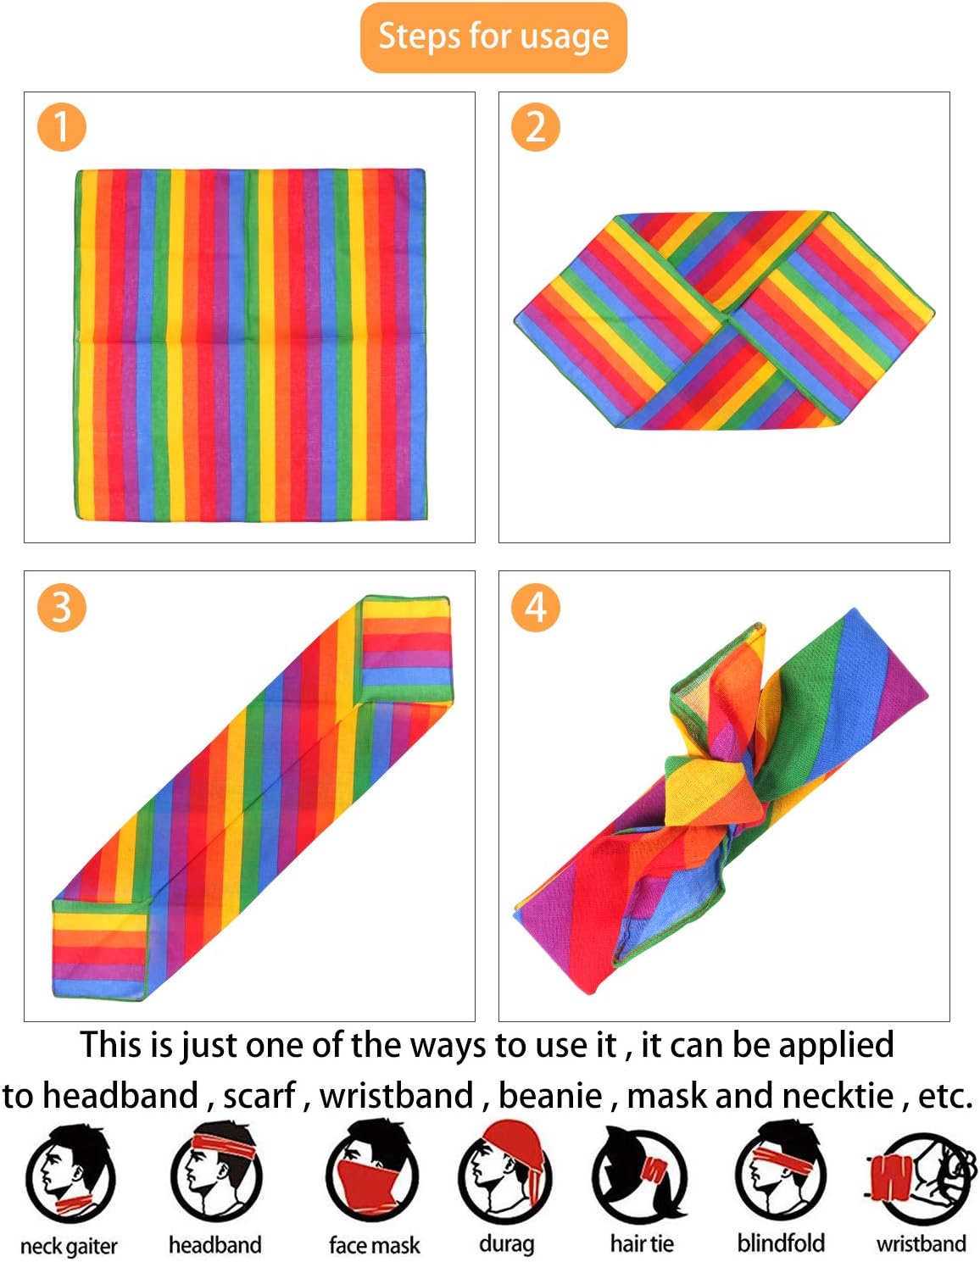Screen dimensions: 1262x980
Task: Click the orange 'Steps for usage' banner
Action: click(493, 37)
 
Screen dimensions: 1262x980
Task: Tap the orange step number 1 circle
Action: click(61, 127)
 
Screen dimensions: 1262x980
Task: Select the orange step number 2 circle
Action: click(535, 127)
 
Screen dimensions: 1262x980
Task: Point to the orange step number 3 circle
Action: click(61, 607)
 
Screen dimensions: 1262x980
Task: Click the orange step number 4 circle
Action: click(535, 607)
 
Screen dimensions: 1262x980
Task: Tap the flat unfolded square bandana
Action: click(250, 344)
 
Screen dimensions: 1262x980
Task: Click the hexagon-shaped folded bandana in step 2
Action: click(723, 320)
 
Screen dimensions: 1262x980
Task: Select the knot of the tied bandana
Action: click(708, 784)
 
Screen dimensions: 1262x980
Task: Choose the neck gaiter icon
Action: click(69, 1174)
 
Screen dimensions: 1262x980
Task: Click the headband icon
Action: click(215, 1172)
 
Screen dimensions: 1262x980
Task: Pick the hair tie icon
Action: click(641, 1174)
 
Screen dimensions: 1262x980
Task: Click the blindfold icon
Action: click(780, 1172)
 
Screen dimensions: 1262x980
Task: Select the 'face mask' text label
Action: click(374, 1245)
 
